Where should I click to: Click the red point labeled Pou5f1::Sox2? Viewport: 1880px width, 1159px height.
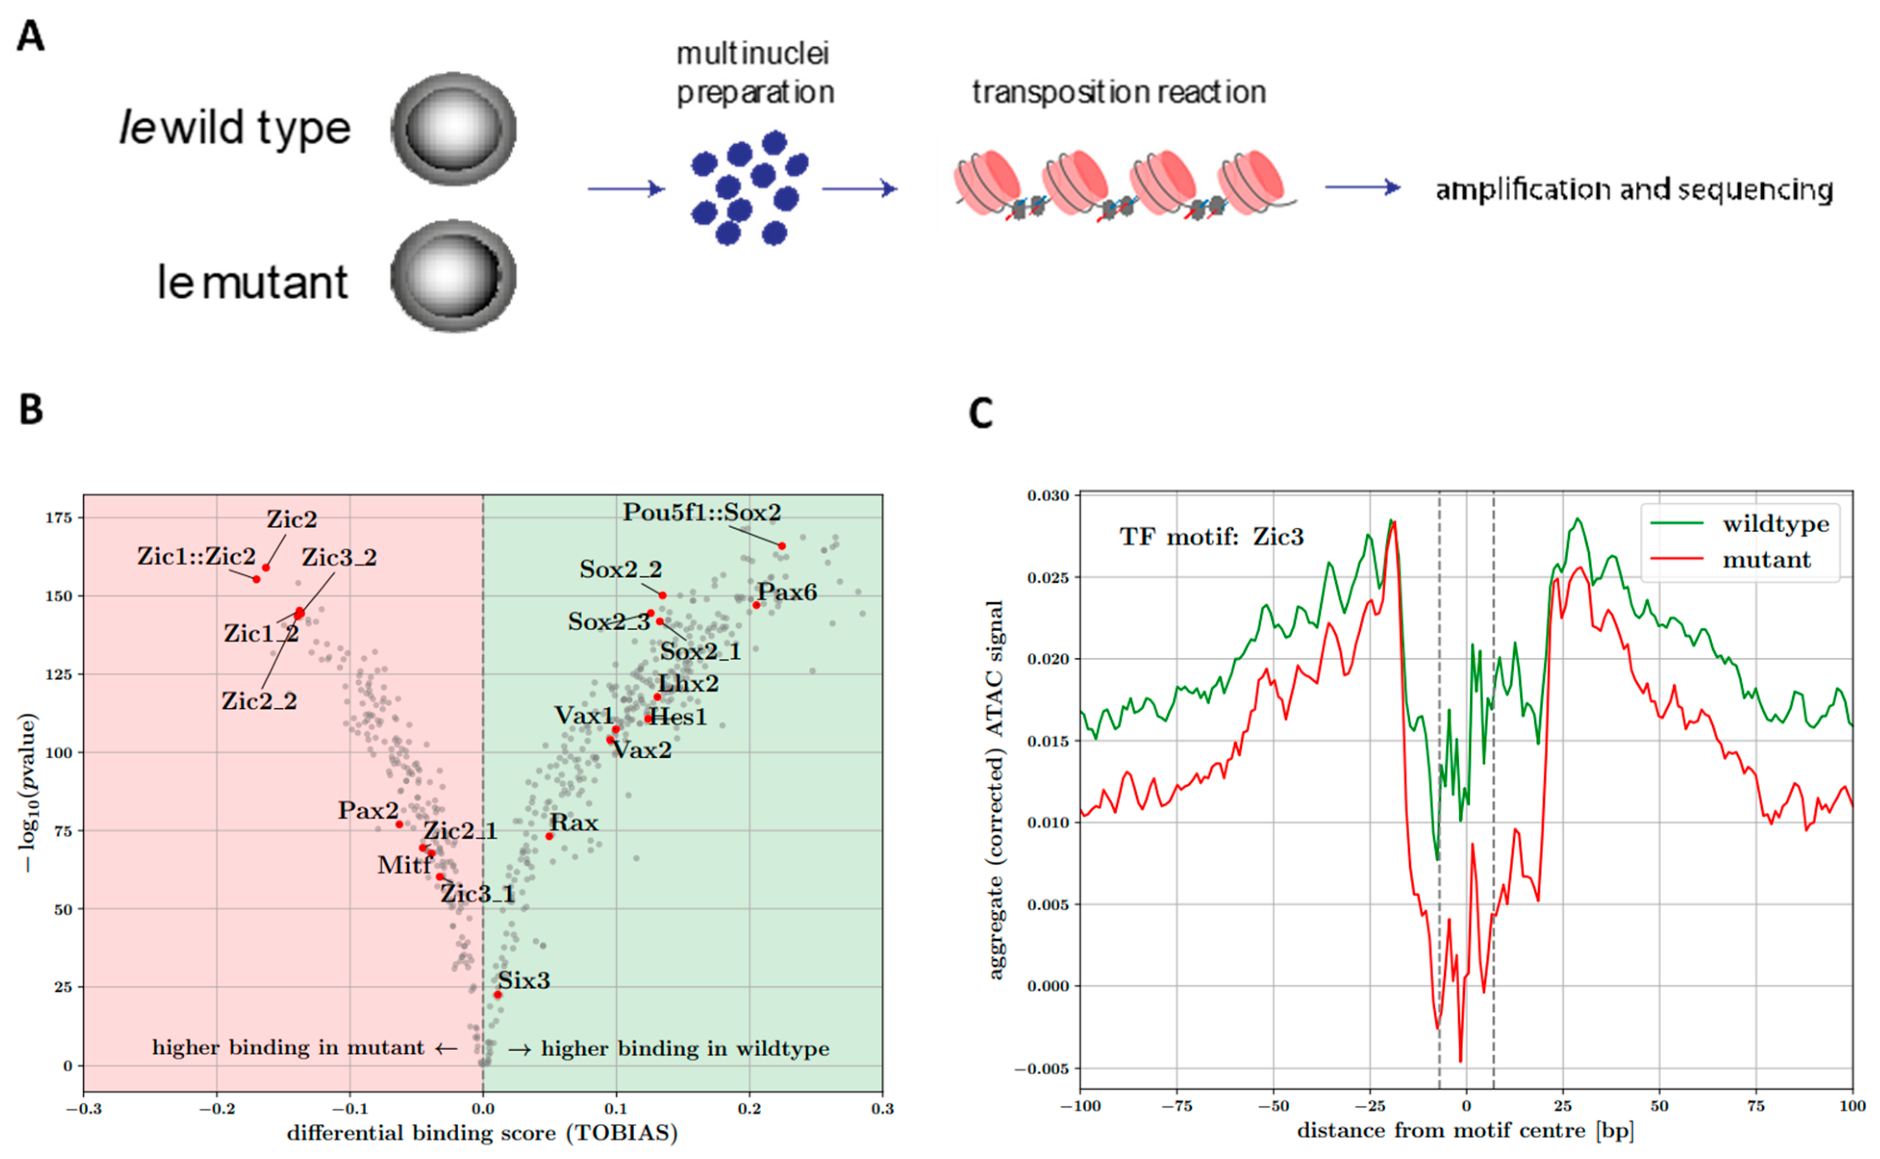coord(781,546)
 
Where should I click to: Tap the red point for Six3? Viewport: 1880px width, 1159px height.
coord(498,994)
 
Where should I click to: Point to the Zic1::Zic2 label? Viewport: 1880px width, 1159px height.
coord(196,557)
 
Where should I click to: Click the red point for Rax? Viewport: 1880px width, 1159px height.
coord(549,836)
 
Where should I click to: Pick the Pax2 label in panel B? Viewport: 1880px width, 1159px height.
coord(368,810)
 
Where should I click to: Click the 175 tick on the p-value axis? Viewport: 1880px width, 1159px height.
coord(58,518)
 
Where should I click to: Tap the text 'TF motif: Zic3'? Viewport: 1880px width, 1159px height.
coord(1211,536)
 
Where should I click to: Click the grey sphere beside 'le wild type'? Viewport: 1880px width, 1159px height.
coord(453,129)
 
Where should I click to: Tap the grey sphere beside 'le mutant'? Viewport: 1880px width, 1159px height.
coord(453,276)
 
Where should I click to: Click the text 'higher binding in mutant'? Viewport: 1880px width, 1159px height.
coord(288,1048)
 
